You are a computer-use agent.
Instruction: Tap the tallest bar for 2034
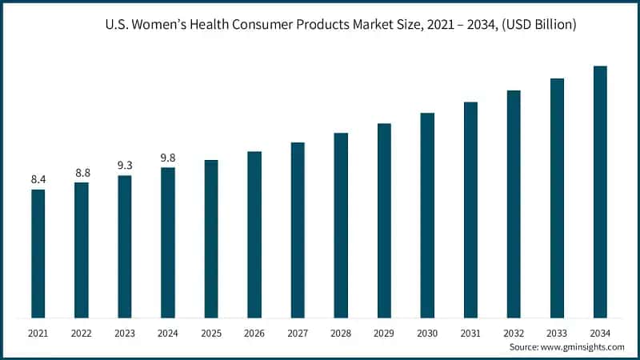click(x=600, y=192)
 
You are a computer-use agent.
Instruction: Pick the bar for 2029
click(x=384, y=221)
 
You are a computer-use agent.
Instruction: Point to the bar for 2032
click(x=514, y=204)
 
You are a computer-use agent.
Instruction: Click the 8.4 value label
click(x=38, y=179)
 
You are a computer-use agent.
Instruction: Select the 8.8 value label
click(x=82, y=173)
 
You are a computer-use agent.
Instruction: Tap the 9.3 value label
click(x=125, y=166)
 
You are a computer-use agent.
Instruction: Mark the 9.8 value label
click(x=168, y=158)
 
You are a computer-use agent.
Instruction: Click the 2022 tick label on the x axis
click(x=82, y=331)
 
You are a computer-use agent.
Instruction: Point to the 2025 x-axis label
click(x=211, y=331)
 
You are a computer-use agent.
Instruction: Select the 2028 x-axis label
click(x=341, y=331)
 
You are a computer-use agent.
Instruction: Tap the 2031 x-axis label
click(x=470, y=331)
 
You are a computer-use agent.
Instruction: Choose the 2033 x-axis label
click(x=557, y=331)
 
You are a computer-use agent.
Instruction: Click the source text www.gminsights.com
click(x=585, y=346)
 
